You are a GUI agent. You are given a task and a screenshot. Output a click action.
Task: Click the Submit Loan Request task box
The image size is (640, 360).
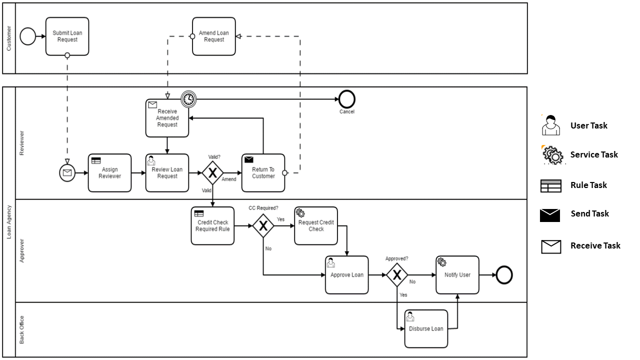pos(67,36)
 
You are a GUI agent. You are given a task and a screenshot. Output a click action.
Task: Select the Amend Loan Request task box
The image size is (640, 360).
pos(213,36)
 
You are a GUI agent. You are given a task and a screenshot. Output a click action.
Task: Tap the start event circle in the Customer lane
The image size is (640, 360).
pos(28,36)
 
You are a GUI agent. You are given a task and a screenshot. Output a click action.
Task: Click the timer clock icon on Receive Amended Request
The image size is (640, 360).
pos(188,99)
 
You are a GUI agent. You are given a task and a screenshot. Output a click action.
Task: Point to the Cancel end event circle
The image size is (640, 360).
pos(346,99)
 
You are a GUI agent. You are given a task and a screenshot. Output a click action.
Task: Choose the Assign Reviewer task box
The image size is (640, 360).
pos(109,173)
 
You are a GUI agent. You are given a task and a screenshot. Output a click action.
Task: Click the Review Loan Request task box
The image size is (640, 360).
pos(167,173)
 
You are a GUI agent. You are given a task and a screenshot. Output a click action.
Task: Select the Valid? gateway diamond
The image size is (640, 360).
pos(213,173)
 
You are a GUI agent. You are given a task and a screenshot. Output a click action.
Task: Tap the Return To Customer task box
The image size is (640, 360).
pos(263,173)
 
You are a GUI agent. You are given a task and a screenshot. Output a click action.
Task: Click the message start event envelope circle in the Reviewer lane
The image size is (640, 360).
pos(66,173)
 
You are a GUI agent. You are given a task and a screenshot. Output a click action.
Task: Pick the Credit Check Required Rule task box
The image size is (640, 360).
pos(212,226)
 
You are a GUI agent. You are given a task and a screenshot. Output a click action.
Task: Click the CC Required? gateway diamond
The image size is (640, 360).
pos(263,226)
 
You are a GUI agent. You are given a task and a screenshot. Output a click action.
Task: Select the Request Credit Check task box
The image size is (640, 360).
pos(316,226)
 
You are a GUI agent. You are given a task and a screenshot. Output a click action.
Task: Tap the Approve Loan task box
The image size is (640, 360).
pos(346,275)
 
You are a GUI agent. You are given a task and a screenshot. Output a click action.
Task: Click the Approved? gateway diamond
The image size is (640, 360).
pos(397,275)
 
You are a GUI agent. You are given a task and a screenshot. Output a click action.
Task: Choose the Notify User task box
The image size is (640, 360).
pos(457,275)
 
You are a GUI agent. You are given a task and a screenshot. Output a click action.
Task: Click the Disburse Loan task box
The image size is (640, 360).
pos(426,329)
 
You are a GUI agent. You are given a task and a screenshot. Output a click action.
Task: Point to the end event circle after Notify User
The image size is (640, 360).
pos(504,275)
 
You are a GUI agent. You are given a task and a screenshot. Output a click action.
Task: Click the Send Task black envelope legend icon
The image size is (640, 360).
pos(550,215)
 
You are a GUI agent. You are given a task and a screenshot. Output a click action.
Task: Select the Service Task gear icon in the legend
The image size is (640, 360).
pos(552,155)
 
